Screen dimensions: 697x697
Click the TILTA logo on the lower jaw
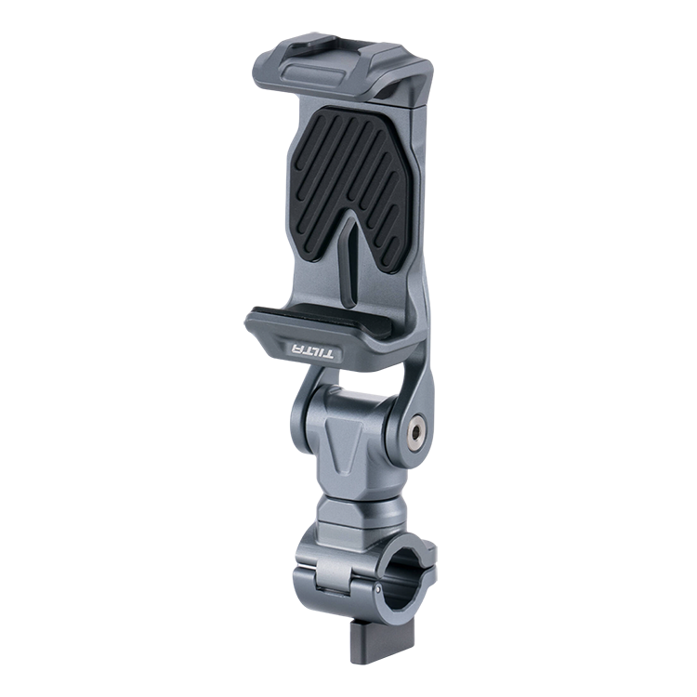(x=311, y=351)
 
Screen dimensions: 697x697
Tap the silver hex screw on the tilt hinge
(x=414, y=431)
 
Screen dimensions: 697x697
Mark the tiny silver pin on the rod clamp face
(x=377, y=589)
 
